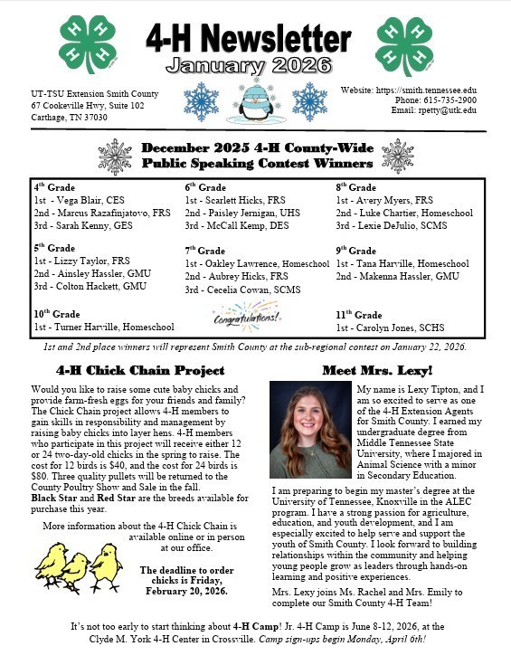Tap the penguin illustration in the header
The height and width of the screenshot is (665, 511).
pos(254,102)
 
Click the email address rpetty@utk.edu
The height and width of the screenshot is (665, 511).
pos(440,110)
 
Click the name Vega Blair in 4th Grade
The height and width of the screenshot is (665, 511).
pos(80,200)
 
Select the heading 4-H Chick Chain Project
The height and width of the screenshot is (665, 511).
pos(140,370)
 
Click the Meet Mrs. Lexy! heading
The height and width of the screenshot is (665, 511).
pos(377,370)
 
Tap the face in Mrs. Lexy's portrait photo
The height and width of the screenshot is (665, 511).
pos(310,413)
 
